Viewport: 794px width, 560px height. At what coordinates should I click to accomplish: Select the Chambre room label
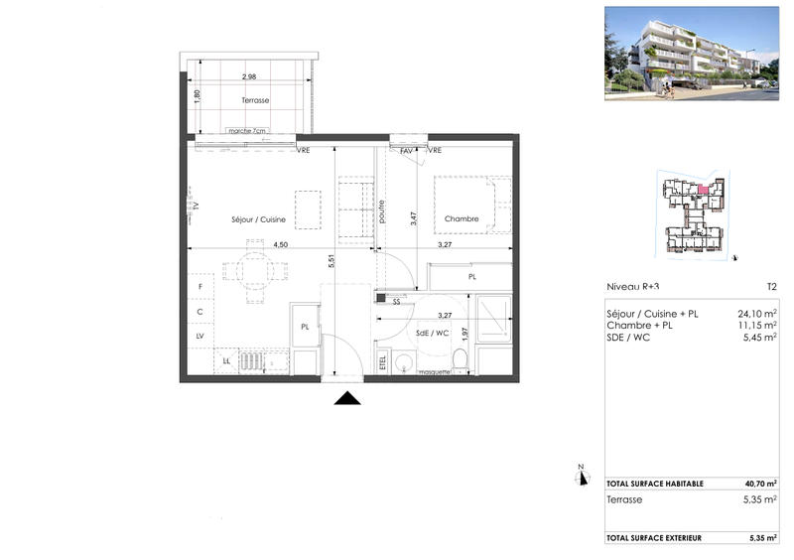462,218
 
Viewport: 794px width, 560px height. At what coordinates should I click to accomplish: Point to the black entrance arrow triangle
346,398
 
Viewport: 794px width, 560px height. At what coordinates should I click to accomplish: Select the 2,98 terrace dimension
249,76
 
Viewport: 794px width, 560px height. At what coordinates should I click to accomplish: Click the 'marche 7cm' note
246,131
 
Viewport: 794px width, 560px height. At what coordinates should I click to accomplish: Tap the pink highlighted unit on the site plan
704,190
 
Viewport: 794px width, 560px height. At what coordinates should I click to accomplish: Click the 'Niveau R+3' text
633,286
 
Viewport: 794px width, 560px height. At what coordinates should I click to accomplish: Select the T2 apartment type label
770,286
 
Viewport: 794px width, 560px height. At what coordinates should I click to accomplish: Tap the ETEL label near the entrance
383,362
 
